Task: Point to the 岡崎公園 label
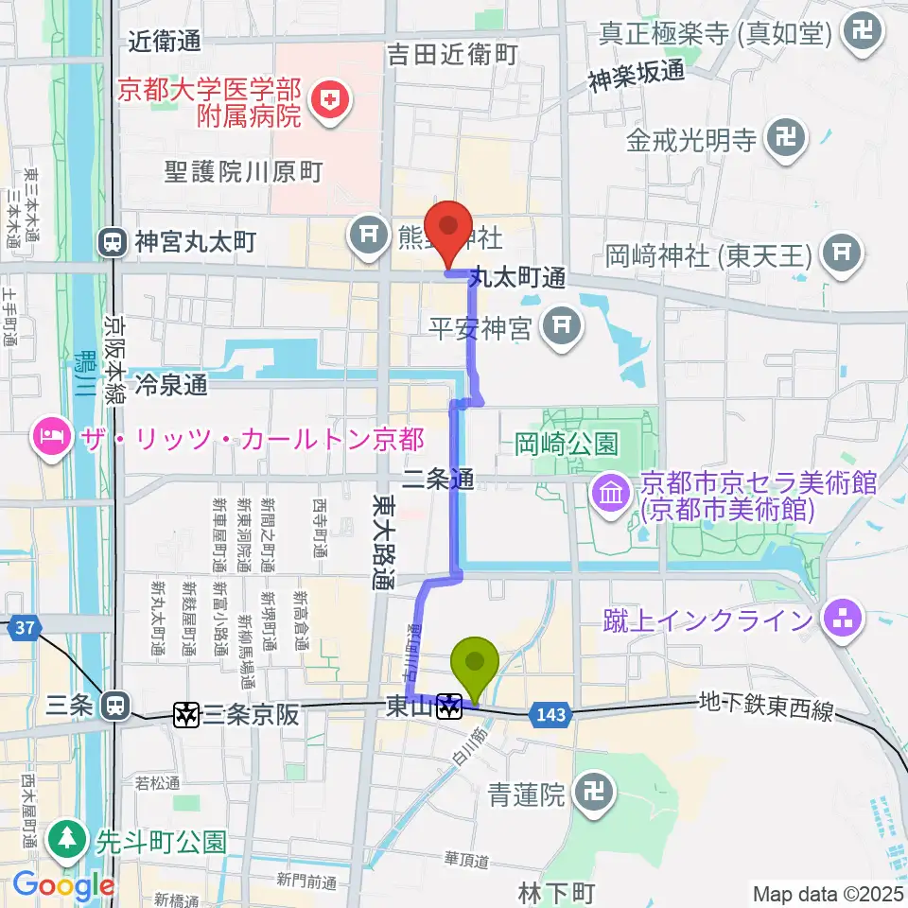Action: (567, 443)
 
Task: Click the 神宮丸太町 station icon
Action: (113, 243)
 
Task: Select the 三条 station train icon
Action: (115, 705)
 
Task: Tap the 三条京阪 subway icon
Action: (185, 714)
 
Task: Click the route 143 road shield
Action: (550, 715)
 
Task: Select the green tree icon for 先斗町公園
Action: (67, 839)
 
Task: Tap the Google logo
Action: (63, 886)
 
